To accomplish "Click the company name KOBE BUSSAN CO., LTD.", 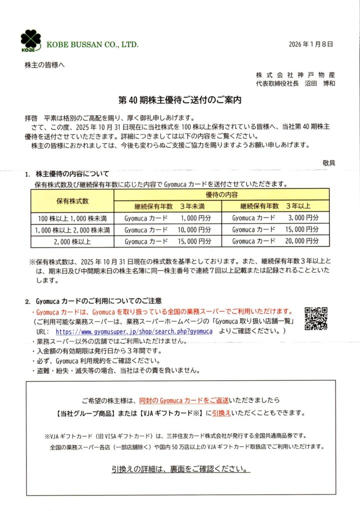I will pyautogui.click(x=92, y=45).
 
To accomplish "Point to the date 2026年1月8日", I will pyautogui.click(x=311, y=44).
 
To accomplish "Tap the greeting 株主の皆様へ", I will pyautogui.click(x=44, y=65).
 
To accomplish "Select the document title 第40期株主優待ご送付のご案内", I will pyautogui.click(x=180, y=100).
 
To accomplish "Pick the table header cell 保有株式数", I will pyautogui.click(x=72, y=201).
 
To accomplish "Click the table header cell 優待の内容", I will pyautogui.click(x=222, y=194).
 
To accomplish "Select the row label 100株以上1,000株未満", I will pyautogui.click(x=72, y=218).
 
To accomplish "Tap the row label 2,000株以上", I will pyautogui.click(x=72, y=242).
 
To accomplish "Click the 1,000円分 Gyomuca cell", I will pyautogui.click(x=168, y=218).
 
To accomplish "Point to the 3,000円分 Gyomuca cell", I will pyautogui.click(x=275, y=218).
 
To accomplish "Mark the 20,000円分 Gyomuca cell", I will pyautogui.click(x=275, y=242).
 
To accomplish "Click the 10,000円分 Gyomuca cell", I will pyautogui.click(x=168, y=230).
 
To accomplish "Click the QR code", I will pyautogui.click(x=316, y=318).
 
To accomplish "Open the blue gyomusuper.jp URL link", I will pyautogui.click(x=134, y=331).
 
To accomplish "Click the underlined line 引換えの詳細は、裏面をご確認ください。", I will pyautogui.click(x=180, y=470).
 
